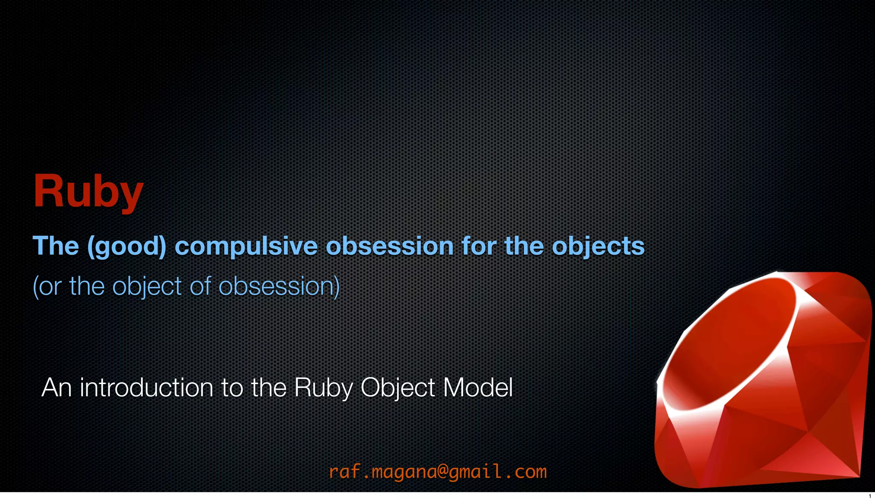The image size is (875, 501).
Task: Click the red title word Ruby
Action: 88,191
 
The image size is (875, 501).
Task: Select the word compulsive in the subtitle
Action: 246,246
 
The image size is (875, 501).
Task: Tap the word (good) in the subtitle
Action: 126,246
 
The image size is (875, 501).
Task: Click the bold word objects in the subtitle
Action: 598,246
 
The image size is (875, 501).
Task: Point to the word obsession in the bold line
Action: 390,246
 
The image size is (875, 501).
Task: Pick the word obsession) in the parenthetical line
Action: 279,286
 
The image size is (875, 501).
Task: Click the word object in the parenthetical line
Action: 147,286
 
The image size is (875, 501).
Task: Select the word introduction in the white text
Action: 147,388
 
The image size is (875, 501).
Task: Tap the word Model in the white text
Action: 478,388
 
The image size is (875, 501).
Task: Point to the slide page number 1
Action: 869,496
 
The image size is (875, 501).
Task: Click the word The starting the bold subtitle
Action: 56,246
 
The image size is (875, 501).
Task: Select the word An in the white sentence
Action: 56,388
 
